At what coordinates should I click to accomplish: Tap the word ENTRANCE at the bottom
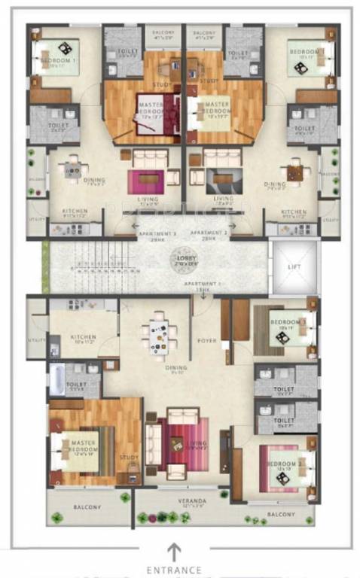point(174,570)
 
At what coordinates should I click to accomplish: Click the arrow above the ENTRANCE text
point(174,552)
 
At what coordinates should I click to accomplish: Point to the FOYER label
point(206,341)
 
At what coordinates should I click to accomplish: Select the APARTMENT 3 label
point(157,235)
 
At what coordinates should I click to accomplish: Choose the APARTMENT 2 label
point(208,235)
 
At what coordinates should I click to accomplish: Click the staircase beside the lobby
point(94,266)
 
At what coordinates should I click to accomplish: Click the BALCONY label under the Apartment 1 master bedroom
point(87,507)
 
